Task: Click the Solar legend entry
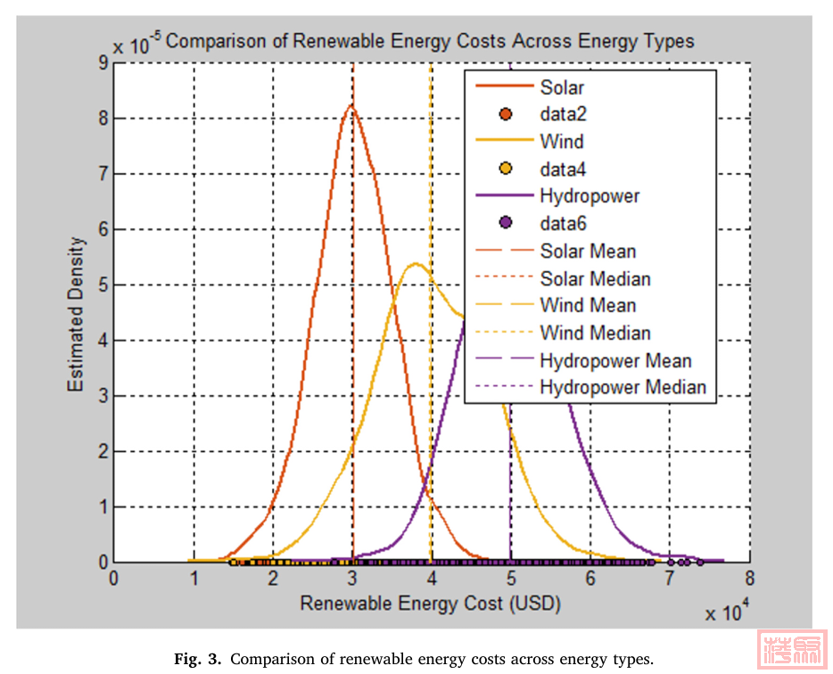click(562, 87)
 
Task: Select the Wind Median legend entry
click(595, 333)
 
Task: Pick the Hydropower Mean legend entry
click(615, 361)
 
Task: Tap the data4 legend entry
click(563, 169)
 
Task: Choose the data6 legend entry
click(563, 224)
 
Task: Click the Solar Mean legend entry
click(588, 251)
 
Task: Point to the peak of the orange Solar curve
click(351, 106)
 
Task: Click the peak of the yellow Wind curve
click(416, 264)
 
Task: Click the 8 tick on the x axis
click(750, 577)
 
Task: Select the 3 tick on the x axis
click(353, 577)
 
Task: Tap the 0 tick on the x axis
click(114, 577)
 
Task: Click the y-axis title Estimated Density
click(78, 313)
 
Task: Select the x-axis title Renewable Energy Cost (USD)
click(431, 604)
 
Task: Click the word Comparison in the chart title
click(211, 41)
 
